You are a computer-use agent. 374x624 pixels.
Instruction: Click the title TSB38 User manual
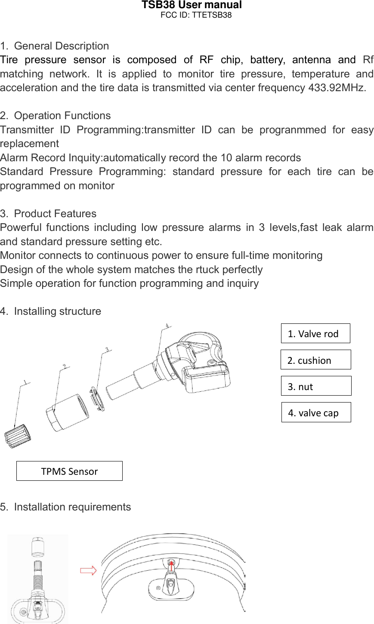point(192,5)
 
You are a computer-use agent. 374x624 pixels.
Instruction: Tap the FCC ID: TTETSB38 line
point(196,15)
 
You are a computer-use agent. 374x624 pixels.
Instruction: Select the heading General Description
point(61,46)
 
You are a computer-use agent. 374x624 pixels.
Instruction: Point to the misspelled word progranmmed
point(293,130)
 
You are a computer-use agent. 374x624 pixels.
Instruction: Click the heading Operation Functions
point(62,116)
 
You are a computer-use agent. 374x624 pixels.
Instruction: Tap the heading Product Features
point(55,214)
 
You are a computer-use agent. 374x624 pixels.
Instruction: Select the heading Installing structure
point(57,311)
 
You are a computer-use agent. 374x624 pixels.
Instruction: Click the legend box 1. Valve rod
point(315,334)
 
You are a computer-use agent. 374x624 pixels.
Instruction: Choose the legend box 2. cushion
point(315,360)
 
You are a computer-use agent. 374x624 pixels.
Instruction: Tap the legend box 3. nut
point(316,386)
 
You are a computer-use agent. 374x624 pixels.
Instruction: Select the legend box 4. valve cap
point(316,412)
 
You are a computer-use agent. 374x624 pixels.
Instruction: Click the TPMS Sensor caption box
point(69,471)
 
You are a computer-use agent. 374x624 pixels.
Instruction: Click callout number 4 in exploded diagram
point(167,326)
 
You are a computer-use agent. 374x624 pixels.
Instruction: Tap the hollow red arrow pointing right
point(88,571)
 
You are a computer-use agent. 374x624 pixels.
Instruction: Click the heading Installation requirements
point(72,507)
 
